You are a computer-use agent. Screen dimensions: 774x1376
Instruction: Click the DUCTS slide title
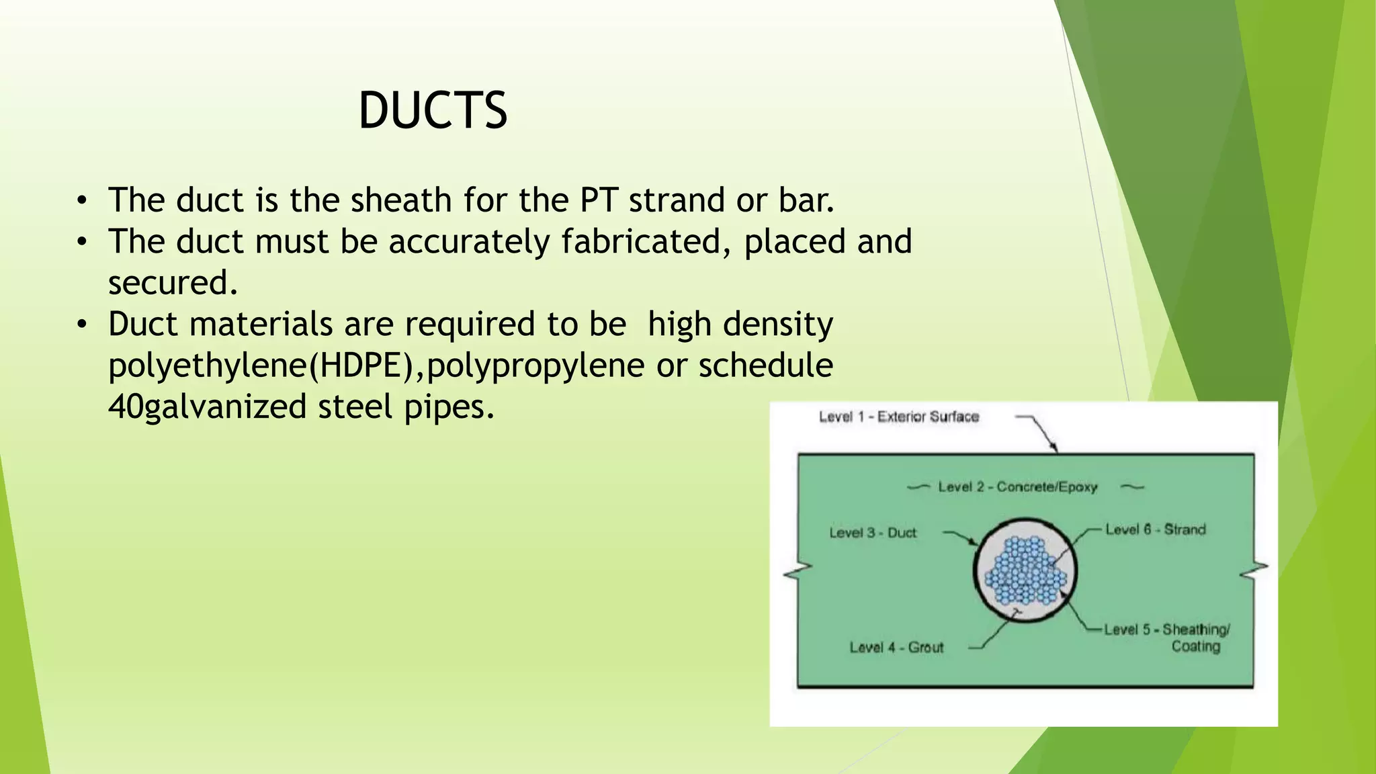[x=433, y=111]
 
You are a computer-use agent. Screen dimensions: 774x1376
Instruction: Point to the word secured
[x=173, y=283]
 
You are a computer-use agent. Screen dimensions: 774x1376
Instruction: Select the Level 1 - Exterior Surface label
[x=898, y=417]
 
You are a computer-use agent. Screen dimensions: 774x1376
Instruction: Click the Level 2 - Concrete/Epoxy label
[x=1017, y=487]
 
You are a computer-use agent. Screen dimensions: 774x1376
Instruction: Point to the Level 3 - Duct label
[x=873, y=533]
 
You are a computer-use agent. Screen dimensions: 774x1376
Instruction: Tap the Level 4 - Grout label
[x=896, y=648]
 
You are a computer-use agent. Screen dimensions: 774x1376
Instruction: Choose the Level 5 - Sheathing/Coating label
[x=1166, y=638]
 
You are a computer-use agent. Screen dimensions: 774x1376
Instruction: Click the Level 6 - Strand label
[x=1155, y=529]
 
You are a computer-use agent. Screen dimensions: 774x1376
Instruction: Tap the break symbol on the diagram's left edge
[x=798, y=570]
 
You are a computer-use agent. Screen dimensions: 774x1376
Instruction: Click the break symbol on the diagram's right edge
[x=1254, y=570]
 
